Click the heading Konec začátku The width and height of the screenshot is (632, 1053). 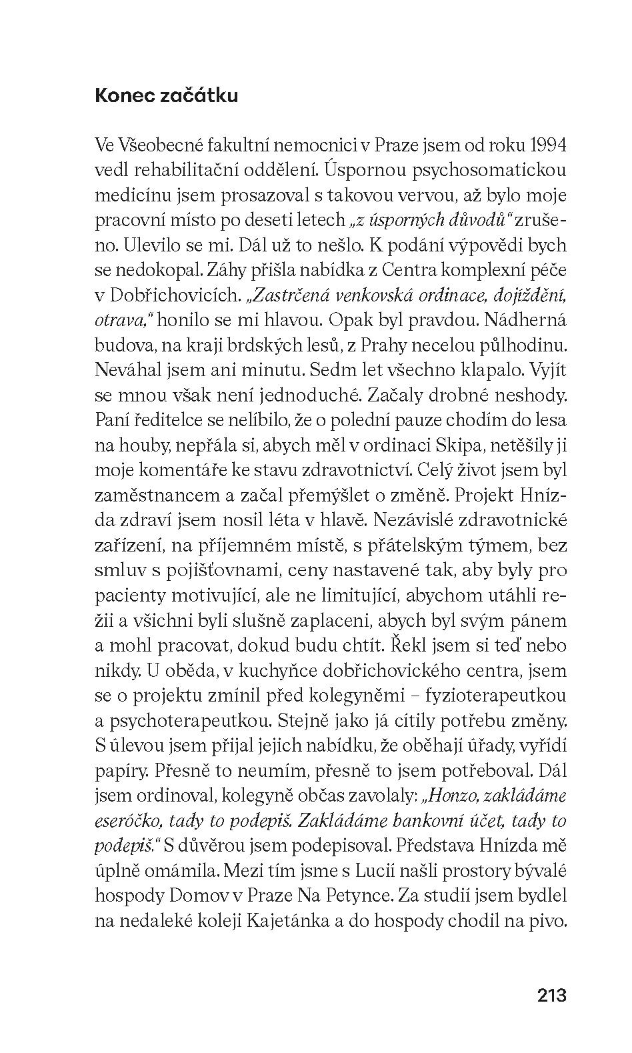pyautogui.click(x=167, y=96)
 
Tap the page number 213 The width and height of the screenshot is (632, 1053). pyautogui.click(x=551, y=996)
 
